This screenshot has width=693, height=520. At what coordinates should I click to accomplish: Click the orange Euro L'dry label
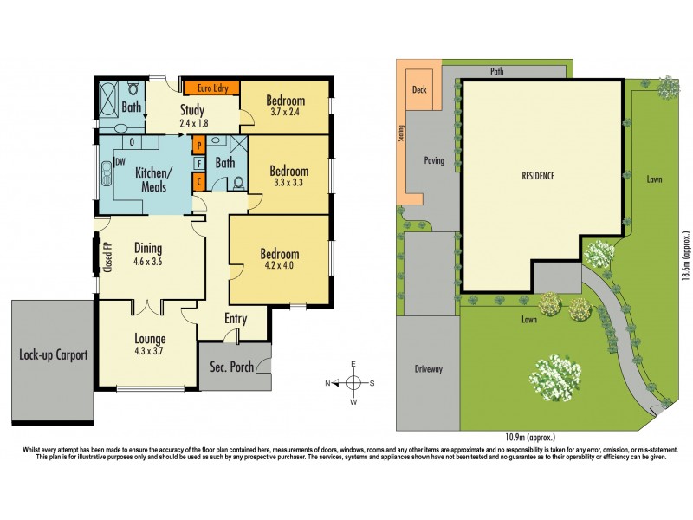(210, 88)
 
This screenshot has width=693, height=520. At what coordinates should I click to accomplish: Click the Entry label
(236, 319)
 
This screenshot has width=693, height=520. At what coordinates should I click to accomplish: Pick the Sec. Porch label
(231, 367)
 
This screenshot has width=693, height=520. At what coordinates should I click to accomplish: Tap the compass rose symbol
(354, 382)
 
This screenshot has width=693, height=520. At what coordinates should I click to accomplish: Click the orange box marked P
(198, 145)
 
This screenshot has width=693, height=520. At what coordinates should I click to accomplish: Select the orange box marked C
(198, 181)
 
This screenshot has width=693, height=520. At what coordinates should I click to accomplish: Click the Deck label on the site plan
(420, 89)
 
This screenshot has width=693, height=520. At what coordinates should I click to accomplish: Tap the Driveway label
(428, 369)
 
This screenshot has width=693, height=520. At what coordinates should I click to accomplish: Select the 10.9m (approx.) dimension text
(528, 438)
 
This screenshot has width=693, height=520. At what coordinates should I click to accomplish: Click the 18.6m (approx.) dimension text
(684, 256)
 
